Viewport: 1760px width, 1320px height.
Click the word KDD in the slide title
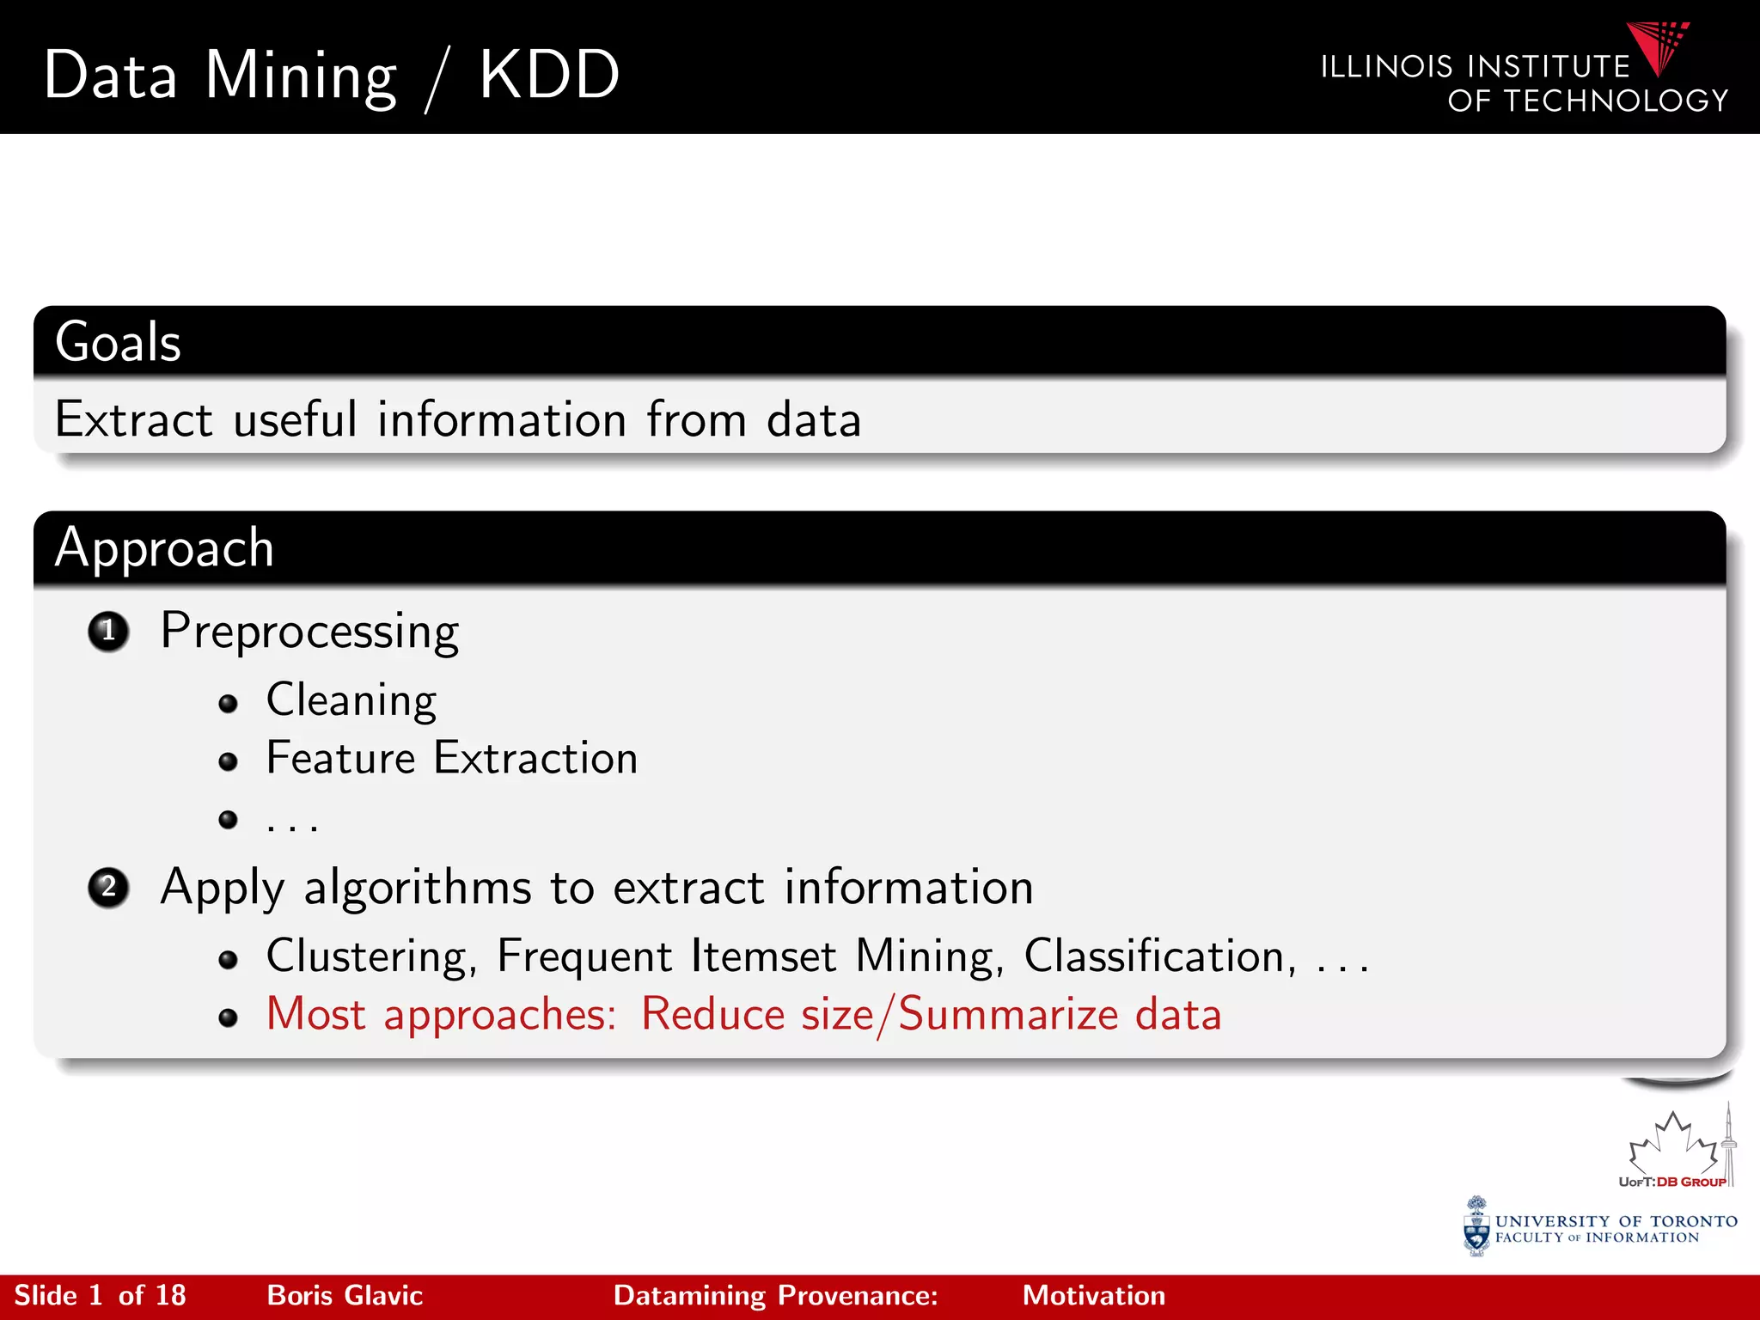(x=549, y=76)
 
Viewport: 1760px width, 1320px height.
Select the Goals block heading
(x=119, y=342)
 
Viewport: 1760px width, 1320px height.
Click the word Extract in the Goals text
(x=133, y=420)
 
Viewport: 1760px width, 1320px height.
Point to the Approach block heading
(x=164, y=548)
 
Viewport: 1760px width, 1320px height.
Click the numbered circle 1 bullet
(x=108, y=632)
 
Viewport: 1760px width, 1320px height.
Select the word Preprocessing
(x=309, y=632)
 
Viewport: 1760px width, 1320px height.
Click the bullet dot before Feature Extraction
(x=228, y=761)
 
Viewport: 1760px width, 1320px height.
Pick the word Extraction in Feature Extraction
(x=535, y=759)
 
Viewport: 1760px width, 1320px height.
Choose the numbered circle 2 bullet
(x=108, y=888)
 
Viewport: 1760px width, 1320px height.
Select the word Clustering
(x=370, y=956)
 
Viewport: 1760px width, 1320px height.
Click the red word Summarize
(x=1008, y=1015)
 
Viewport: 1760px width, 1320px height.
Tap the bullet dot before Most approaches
(x=228, y=1018)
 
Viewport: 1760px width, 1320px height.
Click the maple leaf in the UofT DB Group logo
(x=1671, y=1143)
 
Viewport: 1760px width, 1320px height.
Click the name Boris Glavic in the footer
(x=345, y=1296)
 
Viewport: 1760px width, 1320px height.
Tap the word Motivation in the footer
(x=1093, y=1296)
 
